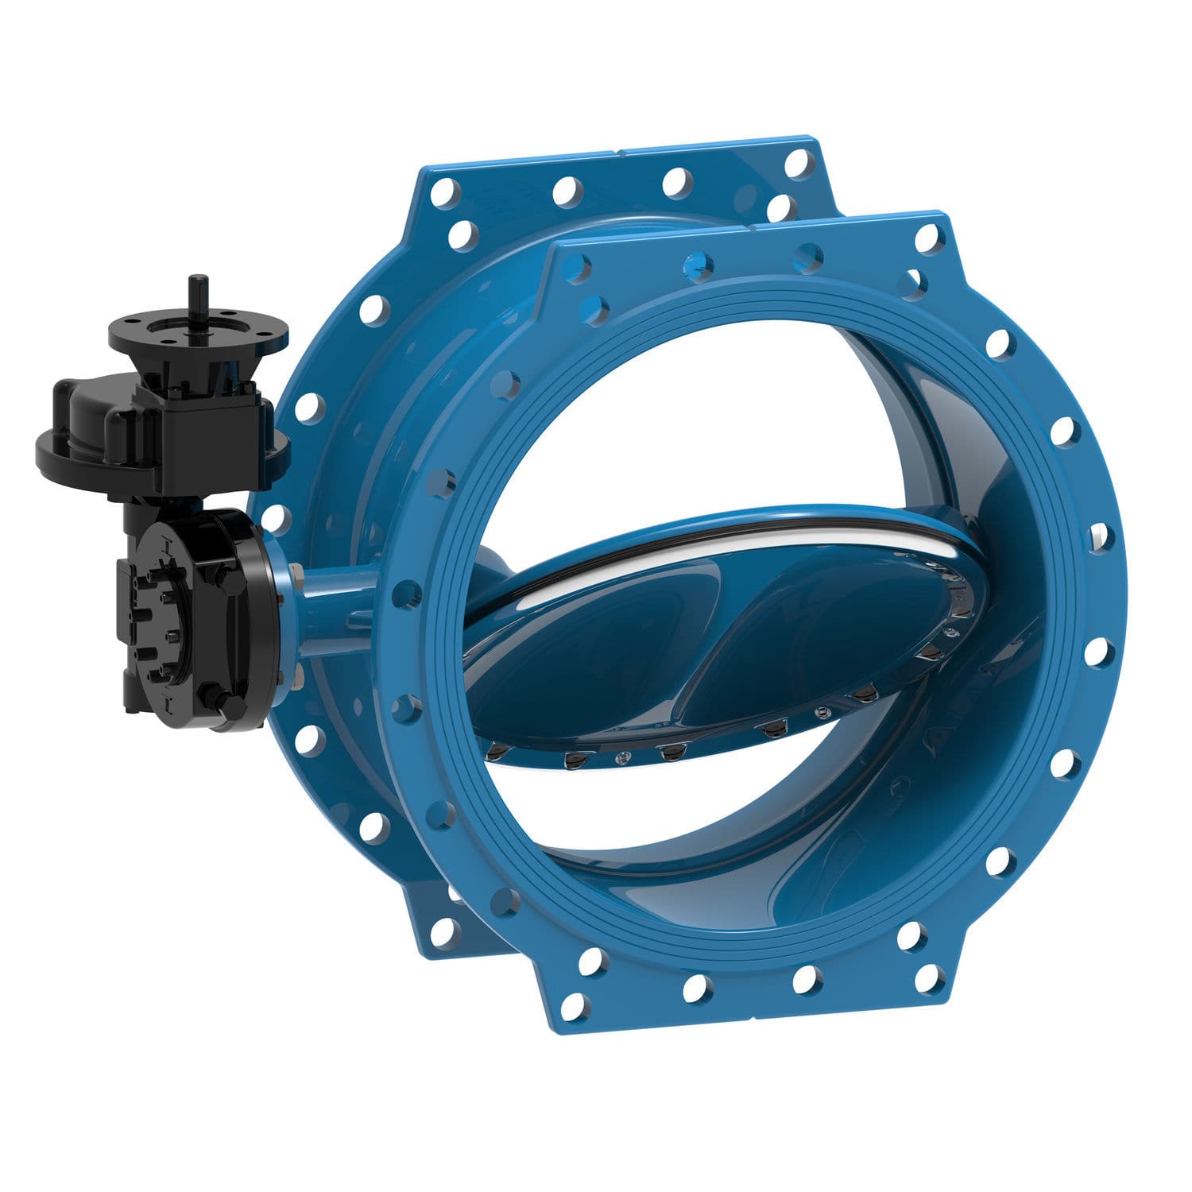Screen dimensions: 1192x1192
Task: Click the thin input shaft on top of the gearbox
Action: pyautogui.click(x=195, y=298)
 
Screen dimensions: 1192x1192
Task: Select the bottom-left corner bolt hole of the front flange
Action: pyautogui.click(x=573, y=1005)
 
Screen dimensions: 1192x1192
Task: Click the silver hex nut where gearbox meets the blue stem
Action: pyautogui.click(x=296, y=572)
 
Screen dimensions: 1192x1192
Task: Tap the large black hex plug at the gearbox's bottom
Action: pyautogui.click(x=230, y=703)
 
